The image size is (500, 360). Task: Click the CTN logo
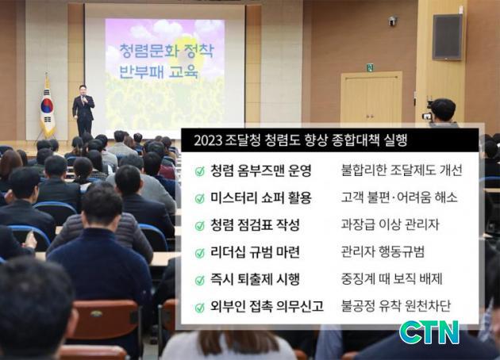tap(429, 332)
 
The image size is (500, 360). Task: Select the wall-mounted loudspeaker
tap(447, 37)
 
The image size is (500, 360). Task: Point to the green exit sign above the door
tap(370, 67)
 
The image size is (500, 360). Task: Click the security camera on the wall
tap(393, 21)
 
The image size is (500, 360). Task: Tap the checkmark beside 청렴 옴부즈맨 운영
tap(200, 171)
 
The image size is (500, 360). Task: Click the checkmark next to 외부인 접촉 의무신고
tap(200, 308)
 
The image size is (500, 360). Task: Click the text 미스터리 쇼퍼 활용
tap(260, 197)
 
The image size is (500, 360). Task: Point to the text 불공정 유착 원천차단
tap(396, 306)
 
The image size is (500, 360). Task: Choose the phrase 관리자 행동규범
tap(383, 251)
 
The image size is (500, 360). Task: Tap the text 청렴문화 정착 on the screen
tap(167, 51)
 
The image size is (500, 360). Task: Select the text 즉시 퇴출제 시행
tap(255, 279)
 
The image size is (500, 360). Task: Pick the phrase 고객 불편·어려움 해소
tap(399, 197)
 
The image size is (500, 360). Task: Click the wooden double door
tap(371, 98)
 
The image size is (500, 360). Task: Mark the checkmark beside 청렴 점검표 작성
tap(200, 225)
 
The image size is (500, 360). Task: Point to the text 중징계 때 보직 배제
tap(391, 279)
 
